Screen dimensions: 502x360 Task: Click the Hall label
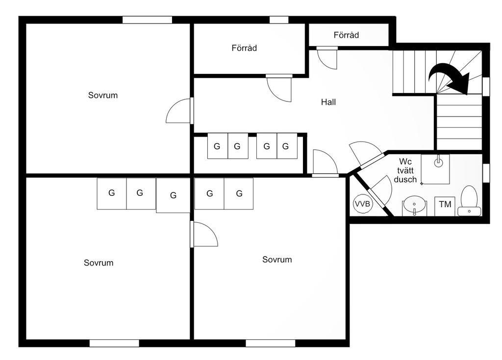pos(328,102)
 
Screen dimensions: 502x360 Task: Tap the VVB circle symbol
pos(363,204)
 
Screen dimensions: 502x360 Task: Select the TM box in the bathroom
pos(445,206)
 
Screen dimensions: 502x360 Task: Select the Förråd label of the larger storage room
pos(244,48)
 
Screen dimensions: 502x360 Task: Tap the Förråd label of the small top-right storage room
pos(346,35)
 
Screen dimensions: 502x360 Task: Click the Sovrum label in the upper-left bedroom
pos(103,95)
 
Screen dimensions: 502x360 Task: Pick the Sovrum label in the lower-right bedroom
pos(277,260)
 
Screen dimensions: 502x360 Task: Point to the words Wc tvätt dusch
pos(405,170)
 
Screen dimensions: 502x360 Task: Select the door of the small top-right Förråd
pos(327,58)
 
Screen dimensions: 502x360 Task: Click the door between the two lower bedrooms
pos(204,234)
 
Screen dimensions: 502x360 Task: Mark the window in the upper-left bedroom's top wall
pos(147,20)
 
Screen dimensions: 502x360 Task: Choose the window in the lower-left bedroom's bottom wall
pos(114,343)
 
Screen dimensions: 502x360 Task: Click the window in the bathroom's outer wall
pos(486,173)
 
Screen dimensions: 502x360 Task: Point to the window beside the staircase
pos(486,86)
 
